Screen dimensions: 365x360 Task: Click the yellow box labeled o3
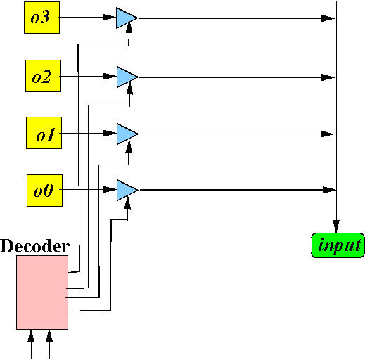click(41, 18)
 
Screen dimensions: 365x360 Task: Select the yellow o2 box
click(43, 76)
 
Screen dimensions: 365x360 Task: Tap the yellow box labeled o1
click(44, 133)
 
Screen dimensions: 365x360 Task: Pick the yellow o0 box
click(44, 191)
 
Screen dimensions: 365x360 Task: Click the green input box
click(338, 245)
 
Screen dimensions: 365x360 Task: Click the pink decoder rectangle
click(42, 292)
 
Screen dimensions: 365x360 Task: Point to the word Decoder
click(34, 246)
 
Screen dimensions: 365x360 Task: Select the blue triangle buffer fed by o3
click(127, 18)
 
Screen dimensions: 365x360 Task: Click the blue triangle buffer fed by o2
click(127, 77)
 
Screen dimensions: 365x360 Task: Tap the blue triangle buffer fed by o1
click(127, 134)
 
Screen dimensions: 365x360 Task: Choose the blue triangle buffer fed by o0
click(127, 190)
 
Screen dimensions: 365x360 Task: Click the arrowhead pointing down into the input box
click(336, 226)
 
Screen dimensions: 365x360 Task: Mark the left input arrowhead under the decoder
click(31, 336)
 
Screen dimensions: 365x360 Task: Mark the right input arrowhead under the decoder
click(49, 336)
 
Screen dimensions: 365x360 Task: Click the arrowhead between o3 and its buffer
click(109, 17)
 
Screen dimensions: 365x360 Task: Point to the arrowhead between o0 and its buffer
click(110, 189)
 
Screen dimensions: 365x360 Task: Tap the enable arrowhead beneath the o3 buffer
click(129, 27)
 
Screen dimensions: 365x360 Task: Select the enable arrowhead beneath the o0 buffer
click(127, 203)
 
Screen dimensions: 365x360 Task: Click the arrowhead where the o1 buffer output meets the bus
click(327, 134)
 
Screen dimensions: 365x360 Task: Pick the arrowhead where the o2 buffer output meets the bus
click(328, 77)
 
